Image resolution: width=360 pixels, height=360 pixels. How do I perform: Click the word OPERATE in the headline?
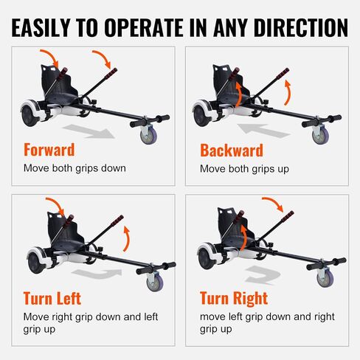[x=144, y=27]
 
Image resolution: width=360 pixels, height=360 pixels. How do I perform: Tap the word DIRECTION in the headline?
[x=301, y=27]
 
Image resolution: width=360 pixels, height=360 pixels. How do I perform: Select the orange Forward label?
[x=49, y=150]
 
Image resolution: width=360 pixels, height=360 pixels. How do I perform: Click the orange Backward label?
[x=232, y=150]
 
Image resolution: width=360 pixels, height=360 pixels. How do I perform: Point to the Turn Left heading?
[x=52, y=298]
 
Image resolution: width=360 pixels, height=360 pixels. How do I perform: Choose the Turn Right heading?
[x=234, y=298]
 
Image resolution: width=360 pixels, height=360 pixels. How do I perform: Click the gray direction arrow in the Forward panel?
[x=89, y=131]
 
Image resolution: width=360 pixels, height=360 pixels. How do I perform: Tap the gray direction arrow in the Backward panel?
[x=264, y=131]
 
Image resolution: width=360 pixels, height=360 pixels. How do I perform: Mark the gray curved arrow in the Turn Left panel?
[x=98, y=274]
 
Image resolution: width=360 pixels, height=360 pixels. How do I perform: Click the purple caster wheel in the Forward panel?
[x=149, y=134]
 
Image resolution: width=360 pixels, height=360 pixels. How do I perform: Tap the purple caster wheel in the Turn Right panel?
[x=325, y=277]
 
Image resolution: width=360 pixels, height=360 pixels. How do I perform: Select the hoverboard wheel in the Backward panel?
[x=202, y=114]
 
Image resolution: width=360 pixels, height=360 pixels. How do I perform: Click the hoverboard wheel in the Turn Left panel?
[x=36, y=262]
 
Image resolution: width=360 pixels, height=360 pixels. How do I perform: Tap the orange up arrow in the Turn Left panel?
[x=126, y=238]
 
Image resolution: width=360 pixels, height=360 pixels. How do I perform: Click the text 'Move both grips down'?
[x=75, y=168]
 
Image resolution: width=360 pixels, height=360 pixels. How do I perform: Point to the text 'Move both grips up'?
[x=244, y=169]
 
